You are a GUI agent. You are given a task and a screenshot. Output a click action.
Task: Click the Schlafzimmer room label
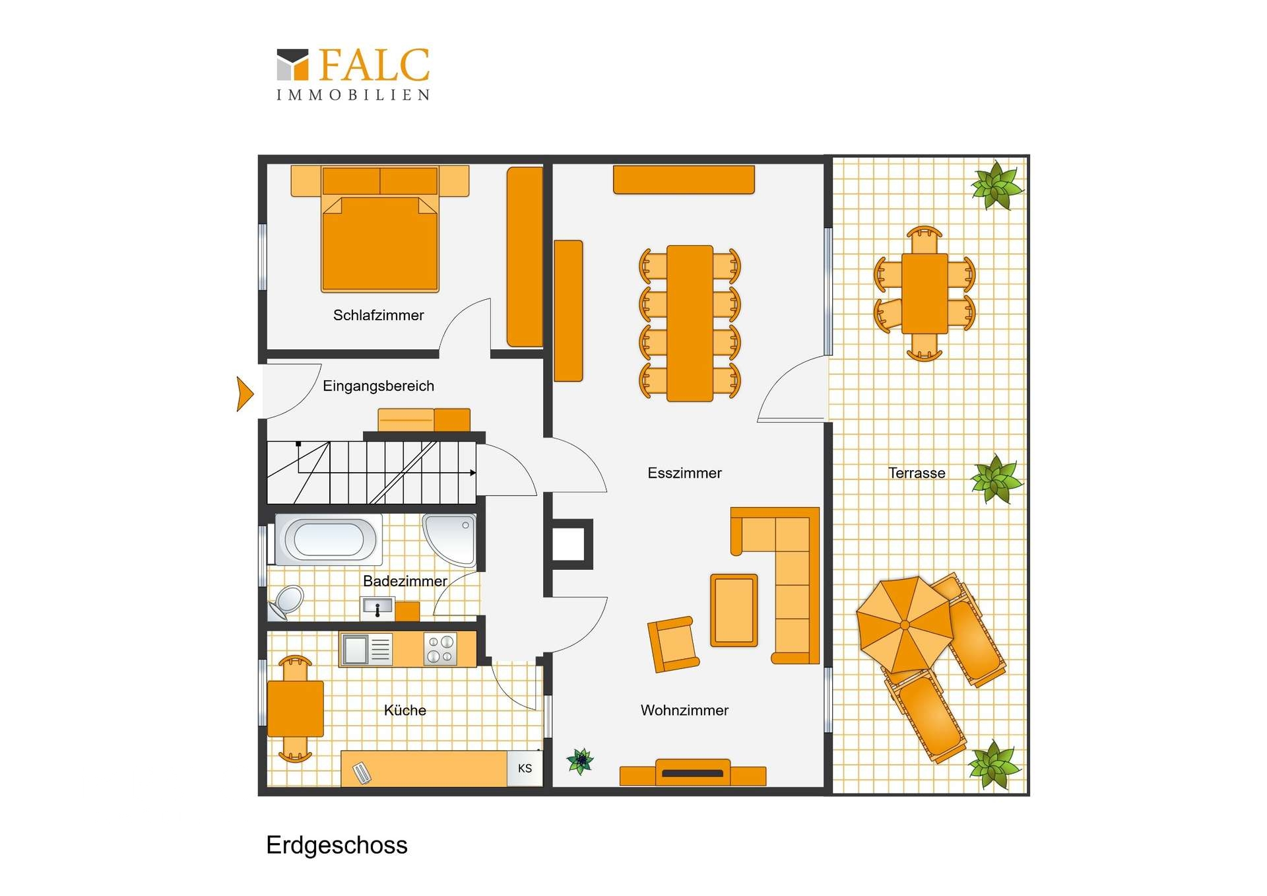point(378,316)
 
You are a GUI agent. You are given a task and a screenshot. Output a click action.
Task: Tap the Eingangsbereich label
point(378,386)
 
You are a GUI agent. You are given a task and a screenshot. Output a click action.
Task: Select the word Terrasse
point(917,473)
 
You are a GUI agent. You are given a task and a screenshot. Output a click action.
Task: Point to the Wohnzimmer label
point(684,710)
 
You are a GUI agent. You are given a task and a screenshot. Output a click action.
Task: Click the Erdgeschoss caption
point(337,845)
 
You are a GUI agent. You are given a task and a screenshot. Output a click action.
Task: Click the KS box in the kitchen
point(525,768)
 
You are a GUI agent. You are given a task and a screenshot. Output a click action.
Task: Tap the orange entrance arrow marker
point(245,394)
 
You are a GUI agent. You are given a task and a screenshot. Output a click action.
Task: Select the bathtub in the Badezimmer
point(328,539)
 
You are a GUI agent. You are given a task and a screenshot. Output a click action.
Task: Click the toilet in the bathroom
point(286,602)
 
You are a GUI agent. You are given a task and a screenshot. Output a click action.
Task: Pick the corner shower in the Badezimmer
point(450,539)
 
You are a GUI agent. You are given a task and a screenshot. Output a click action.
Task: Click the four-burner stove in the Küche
point(440,648)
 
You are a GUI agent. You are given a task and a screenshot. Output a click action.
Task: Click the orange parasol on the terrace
point(905,624)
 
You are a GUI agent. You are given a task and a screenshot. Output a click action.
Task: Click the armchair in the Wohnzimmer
point(673,644)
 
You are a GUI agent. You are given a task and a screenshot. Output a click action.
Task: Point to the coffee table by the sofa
point(734,610)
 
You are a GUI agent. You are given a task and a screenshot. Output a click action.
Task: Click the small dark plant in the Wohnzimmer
point(580,761)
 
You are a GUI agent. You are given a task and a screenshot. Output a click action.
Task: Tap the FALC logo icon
point(292,65)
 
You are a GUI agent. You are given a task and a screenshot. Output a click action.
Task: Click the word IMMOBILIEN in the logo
point(353,95)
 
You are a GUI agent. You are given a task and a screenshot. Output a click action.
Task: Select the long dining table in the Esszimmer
point(690,324)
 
